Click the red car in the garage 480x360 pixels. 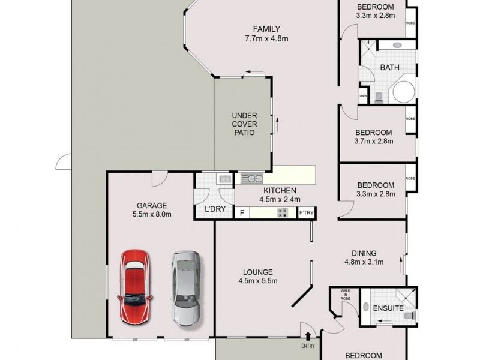click(x=136, y=287)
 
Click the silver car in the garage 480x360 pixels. click(x=187, y=288)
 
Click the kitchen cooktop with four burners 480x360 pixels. click(x=282, y=212)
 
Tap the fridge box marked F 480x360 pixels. click(x=242, y=212)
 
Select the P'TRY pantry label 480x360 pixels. click(x=306, y=212)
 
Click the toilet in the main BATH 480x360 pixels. click(x=378, y=98)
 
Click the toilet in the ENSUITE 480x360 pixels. click(x=409, y=314)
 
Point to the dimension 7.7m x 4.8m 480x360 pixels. click(x=267, y=40)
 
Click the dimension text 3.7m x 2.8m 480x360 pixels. click(x=373, y=142)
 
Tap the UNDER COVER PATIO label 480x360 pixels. click(x=245, y=124)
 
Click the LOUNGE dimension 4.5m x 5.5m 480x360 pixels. click(x=259, y=280)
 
